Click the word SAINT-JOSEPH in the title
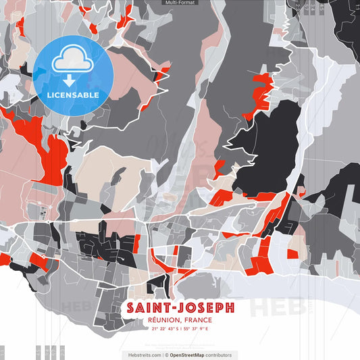(x=180, y=308)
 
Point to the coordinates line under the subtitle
(x=180, y=329)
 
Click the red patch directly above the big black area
(x=260, y=91)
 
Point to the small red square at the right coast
(x=292, y=254)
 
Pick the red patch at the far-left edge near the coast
(x=3, y=259)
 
